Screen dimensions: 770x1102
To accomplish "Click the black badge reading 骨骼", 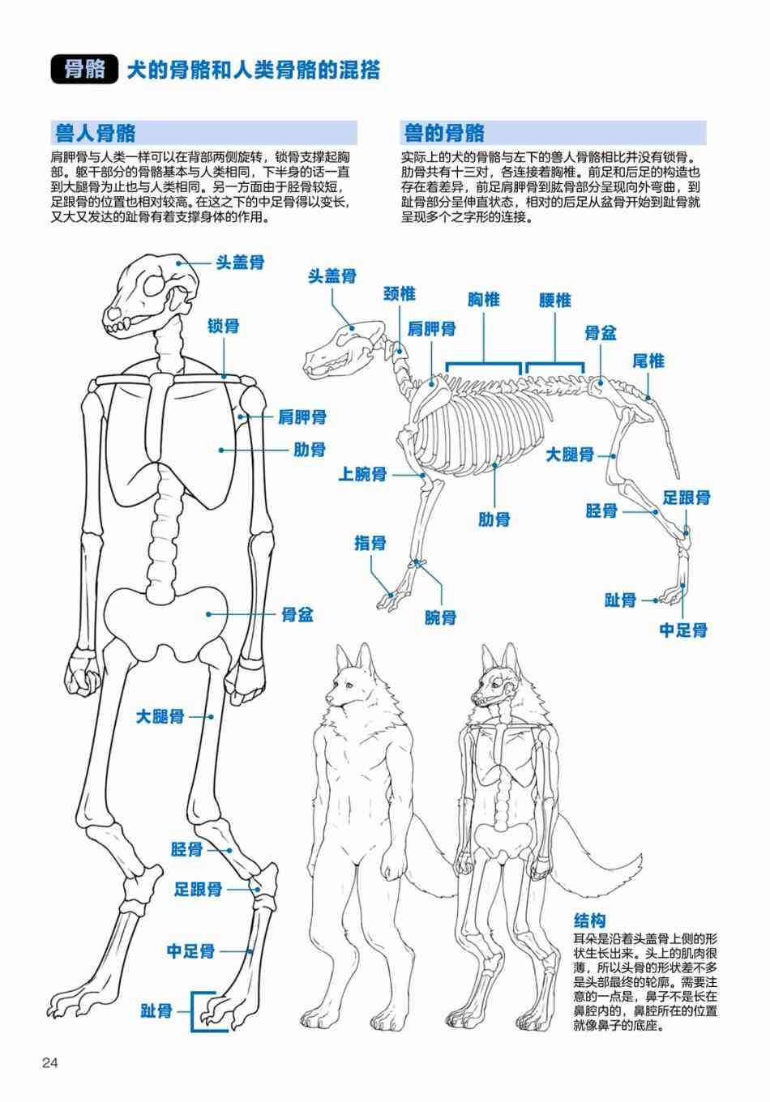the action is pos(84,69).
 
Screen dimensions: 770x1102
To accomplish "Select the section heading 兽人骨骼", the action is pos(96,132).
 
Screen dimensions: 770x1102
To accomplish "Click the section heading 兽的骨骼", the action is pos(444,132).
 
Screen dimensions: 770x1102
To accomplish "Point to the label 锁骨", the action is pos(224,326).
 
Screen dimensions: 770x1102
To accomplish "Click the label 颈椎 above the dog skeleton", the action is pos(400,293).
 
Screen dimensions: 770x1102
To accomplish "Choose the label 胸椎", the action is pos(484,300).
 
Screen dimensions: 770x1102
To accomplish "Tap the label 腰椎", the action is pos(555,300).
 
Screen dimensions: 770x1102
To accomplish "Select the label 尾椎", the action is pos(648,361).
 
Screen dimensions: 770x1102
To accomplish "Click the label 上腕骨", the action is pos(362,474).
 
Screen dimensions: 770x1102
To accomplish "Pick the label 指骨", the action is pos(370,543).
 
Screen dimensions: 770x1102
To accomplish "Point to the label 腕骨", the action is pos(440,617).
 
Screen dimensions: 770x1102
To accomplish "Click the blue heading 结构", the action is pos(589,920).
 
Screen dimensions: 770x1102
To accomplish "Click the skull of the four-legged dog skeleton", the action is pos(344,349).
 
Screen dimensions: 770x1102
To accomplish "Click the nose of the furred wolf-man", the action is pos(328,700).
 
